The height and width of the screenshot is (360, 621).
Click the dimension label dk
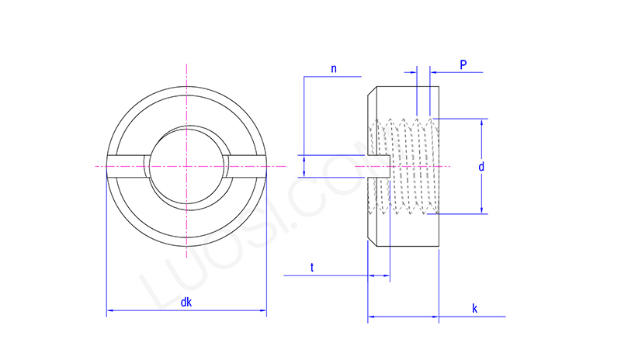186,303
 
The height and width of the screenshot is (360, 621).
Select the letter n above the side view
334,68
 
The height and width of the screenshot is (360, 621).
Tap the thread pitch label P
463,65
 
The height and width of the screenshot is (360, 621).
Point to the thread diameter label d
481,166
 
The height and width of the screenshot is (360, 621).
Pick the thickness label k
474,309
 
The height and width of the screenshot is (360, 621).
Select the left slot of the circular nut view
127,164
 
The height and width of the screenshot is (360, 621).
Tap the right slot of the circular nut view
247,164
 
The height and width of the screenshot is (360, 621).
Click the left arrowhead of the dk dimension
109,311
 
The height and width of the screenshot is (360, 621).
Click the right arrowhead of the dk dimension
263,311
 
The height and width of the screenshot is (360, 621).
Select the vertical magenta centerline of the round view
186,85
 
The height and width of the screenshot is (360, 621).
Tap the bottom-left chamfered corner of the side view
370,244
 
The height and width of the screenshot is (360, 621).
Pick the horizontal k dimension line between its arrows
404,317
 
